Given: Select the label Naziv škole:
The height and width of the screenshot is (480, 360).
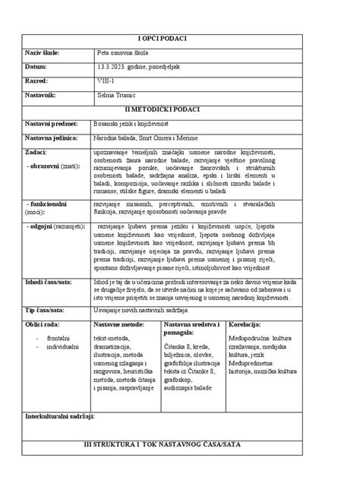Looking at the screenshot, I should (43, 52).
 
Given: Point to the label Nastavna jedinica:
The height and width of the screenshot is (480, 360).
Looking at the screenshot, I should (52, 137).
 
